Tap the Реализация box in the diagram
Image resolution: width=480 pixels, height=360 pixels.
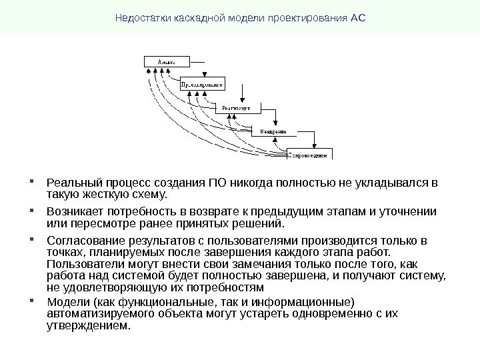[237, 107]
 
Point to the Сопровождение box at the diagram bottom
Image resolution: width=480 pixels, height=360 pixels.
[309, 154]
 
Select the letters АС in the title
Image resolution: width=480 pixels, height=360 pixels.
[358, 17]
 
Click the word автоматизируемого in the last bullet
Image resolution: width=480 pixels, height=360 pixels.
[97, 314]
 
